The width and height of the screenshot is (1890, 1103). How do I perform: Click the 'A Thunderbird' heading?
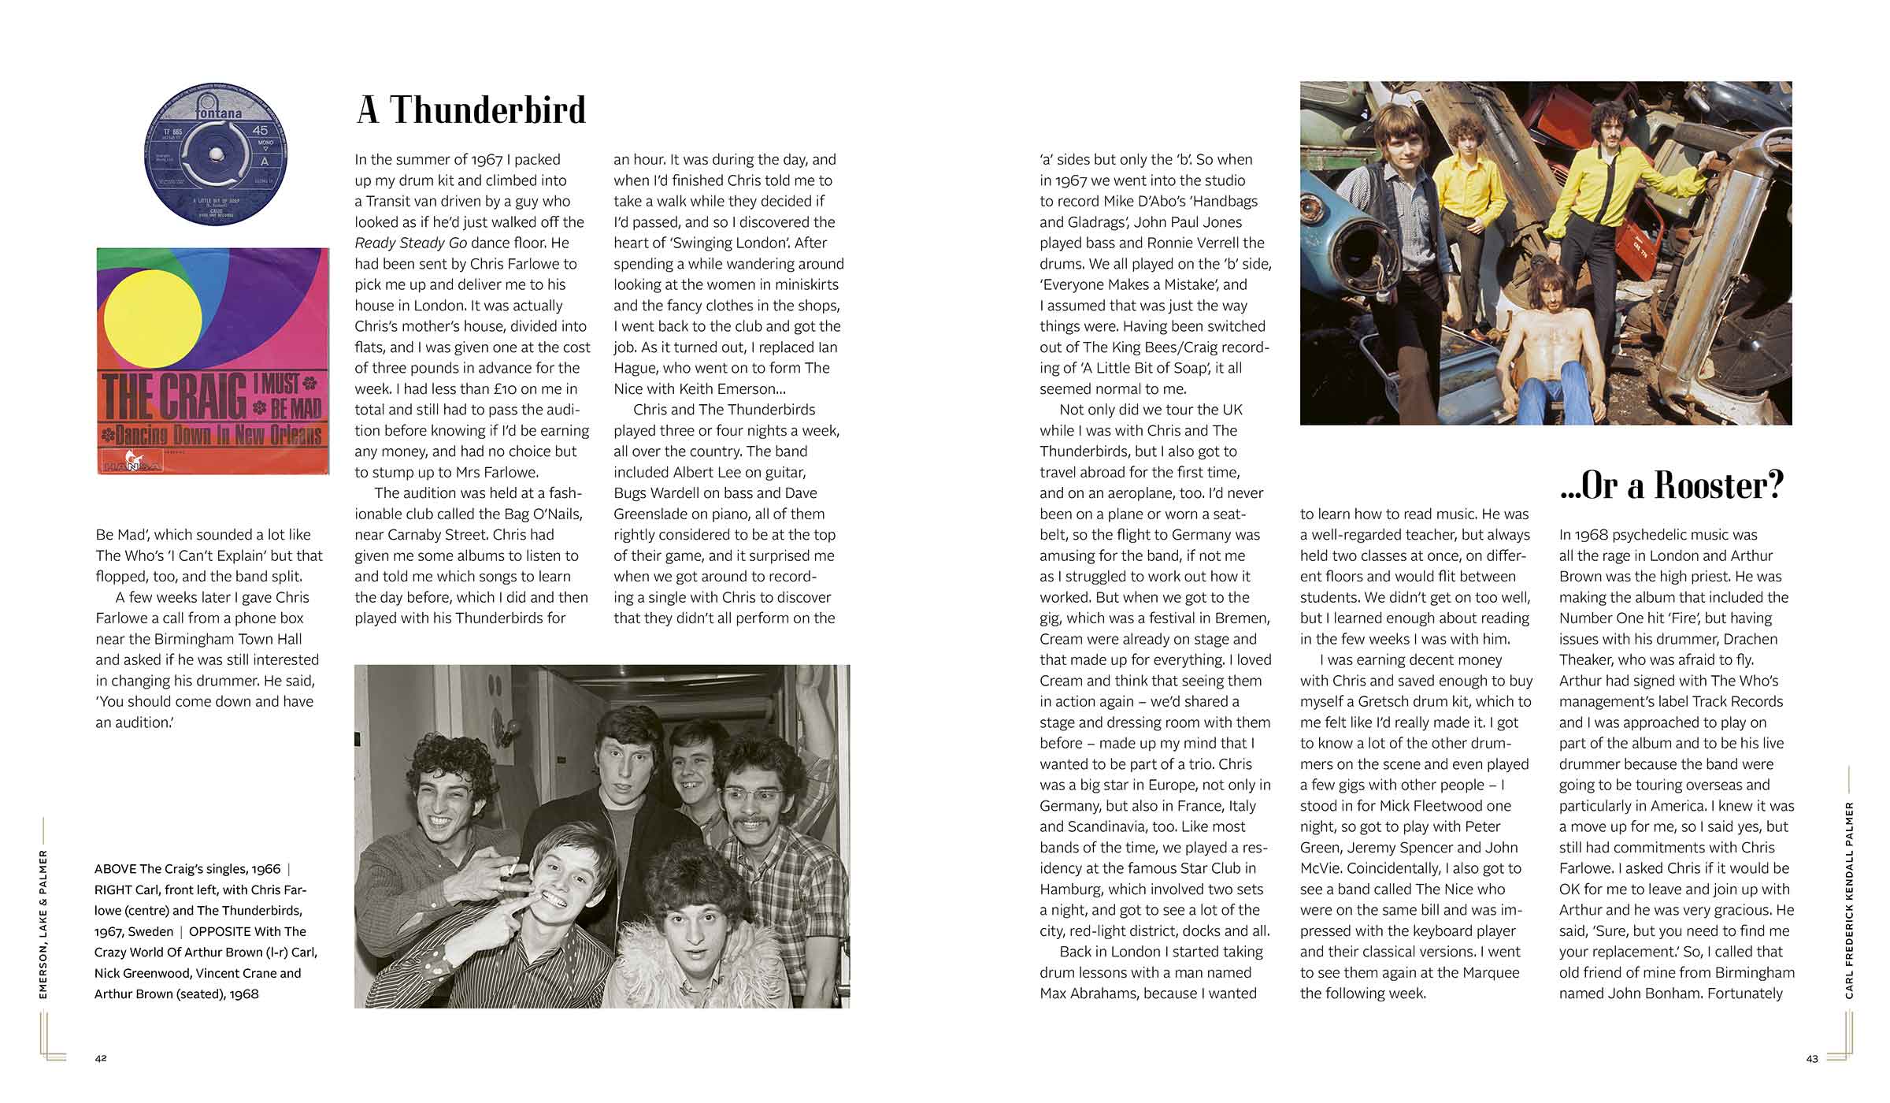471,110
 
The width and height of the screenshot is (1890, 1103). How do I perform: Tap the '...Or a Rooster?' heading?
1671,485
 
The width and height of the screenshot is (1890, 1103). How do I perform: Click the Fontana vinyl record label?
215,154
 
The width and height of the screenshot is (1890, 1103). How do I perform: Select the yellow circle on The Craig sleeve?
158,319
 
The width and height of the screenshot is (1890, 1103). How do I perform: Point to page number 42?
101,1058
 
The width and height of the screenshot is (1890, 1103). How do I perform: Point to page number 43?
1812,1059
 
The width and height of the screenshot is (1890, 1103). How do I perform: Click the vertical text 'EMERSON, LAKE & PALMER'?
43,923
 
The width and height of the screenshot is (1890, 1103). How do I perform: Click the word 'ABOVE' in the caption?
115,869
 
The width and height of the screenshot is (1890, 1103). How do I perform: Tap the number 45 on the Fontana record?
260,130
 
